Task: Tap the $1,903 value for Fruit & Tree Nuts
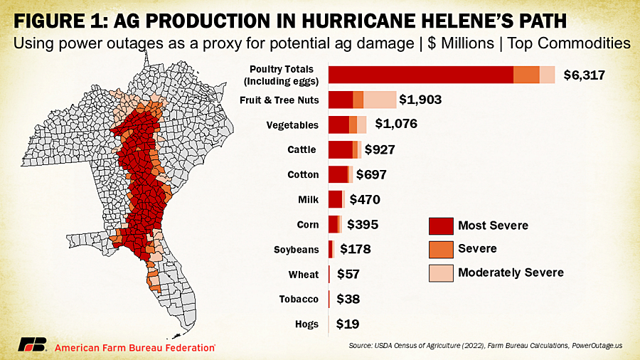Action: [420, 100]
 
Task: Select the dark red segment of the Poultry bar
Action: [420, 74]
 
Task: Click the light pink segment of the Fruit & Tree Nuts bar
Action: [380, 100]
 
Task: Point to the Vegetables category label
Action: [292, 125]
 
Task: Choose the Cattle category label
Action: [302, 150]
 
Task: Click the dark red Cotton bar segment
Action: [337, 174]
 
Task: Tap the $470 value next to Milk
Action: [365, 200]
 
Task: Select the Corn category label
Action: [308, 225]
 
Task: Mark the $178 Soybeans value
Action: [356, 250]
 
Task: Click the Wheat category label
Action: [304, 275]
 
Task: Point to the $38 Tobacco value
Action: [348, 300]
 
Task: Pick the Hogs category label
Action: [306, 324]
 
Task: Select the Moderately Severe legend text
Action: [511, 272]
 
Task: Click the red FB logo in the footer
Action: [33, 344]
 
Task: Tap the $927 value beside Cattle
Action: [380, 150]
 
